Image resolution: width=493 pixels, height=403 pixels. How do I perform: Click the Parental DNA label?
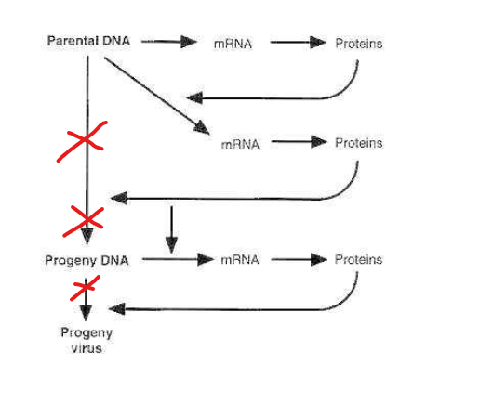87,43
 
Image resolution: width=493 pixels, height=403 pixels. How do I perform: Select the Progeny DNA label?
87,260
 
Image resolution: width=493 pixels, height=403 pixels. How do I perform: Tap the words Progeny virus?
87,341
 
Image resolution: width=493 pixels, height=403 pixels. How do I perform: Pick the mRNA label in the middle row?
240,144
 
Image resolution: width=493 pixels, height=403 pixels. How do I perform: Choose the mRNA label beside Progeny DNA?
240,260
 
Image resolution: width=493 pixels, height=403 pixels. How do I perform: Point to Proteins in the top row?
359,44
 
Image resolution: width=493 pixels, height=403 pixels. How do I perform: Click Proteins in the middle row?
359,143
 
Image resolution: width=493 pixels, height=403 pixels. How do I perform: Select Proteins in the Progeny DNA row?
359,260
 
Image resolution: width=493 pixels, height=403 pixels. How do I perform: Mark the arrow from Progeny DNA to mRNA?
177,260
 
